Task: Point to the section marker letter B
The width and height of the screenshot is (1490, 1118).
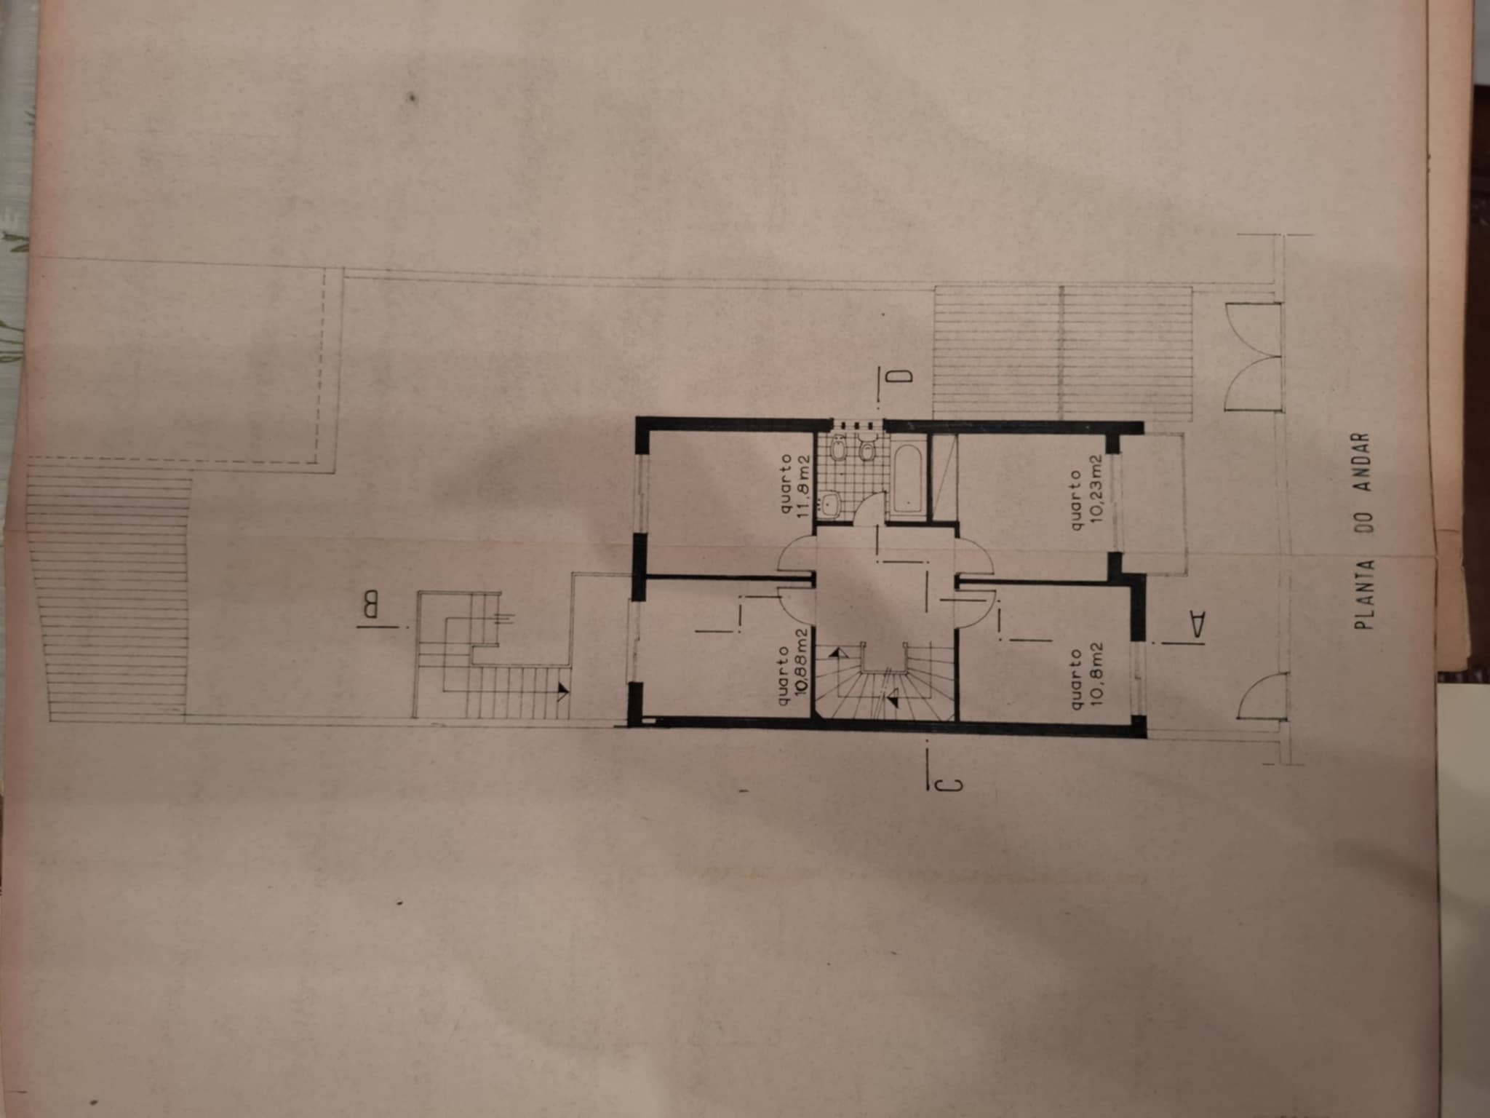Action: (370, 606)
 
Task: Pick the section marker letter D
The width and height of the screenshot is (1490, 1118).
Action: (902, 376)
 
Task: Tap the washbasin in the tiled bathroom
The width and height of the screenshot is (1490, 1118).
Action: (829, 503)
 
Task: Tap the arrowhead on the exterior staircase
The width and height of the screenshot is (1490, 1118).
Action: (561, 692)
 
